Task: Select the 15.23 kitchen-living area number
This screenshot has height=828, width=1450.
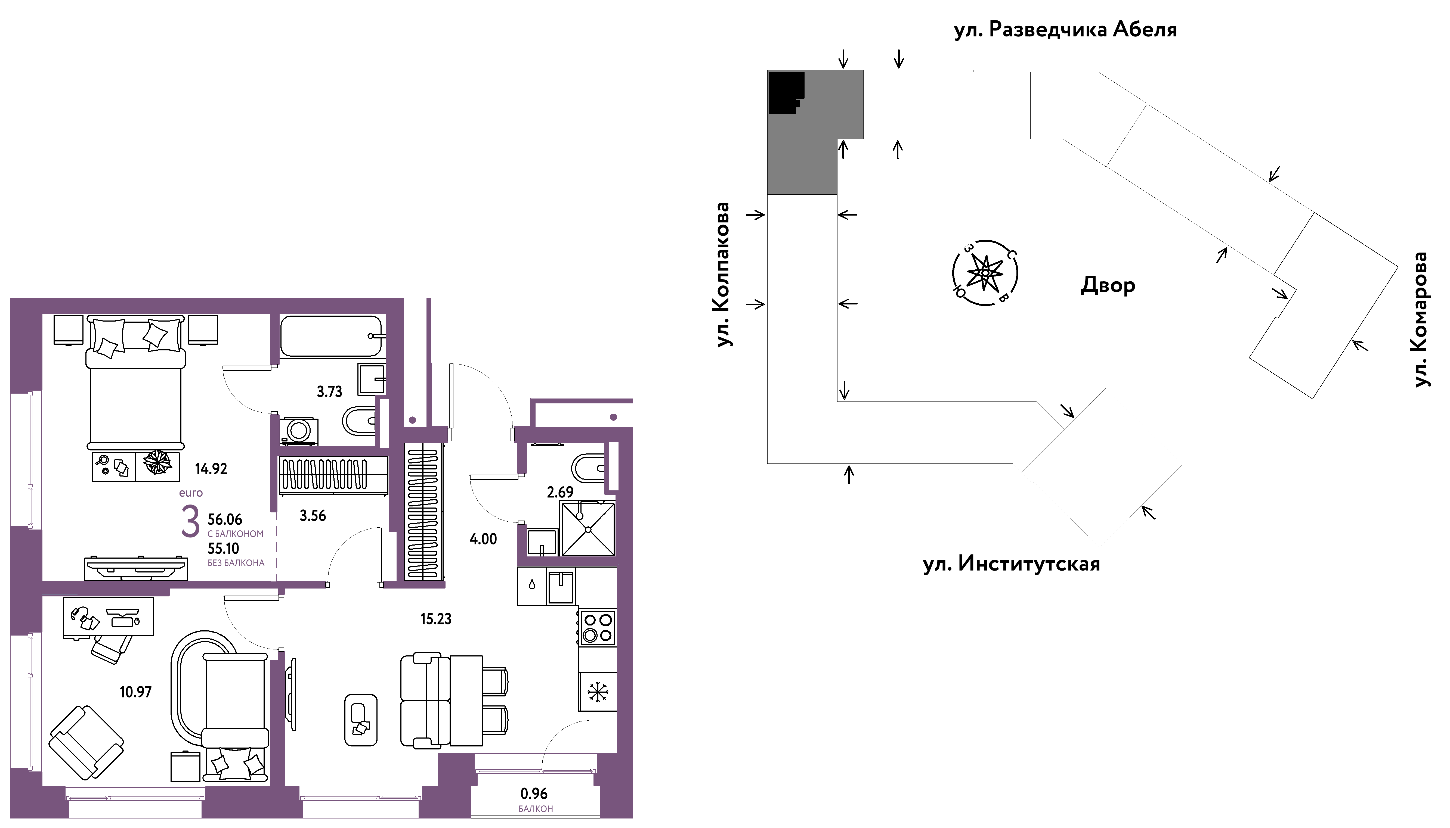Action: click(x=436, y=619)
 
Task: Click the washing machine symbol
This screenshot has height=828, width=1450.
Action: click(x=299, y=431)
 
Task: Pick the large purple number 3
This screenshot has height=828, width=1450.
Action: click(x=190, y=522)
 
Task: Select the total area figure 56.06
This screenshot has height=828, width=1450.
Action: click(x=225, y=519)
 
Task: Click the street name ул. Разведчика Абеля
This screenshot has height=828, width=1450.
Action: click(x=1065, y=30)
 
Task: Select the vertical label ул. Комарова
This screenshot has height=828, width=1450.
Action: click(x=1420, y=320)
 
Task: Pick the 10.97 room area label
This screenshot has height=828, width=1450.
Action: click(x=135, y=692)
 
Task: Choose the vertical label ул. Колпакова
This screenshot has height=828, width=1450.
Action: click(x=722, y=274)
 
